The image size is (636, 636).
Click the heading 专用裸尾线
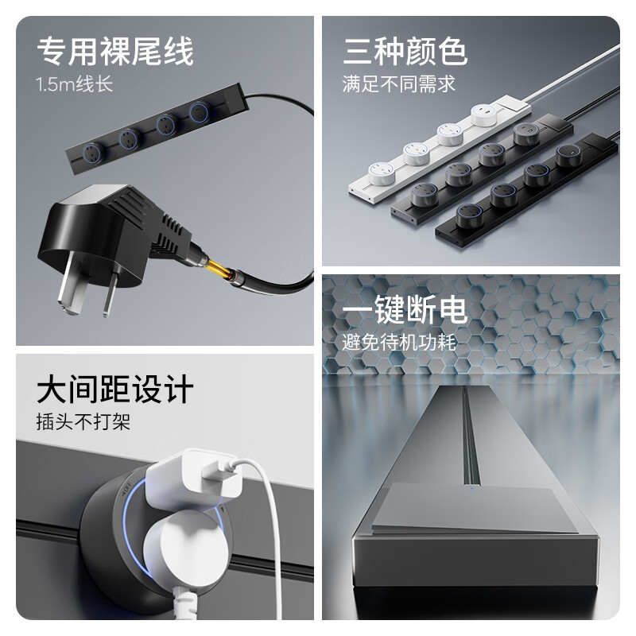click(x=115, y=52)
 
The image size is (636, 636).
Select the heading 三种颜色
click(x=405, y=52)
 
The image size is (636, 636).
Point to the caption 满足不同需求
click(x=399, y=84)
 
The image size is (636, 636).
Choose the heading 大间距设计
click(x=115, y=390)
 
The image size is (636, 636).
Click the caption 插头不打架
click(x=83, y=422)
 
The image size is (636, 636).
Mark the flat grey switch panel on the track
click(x=469, y=513)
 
